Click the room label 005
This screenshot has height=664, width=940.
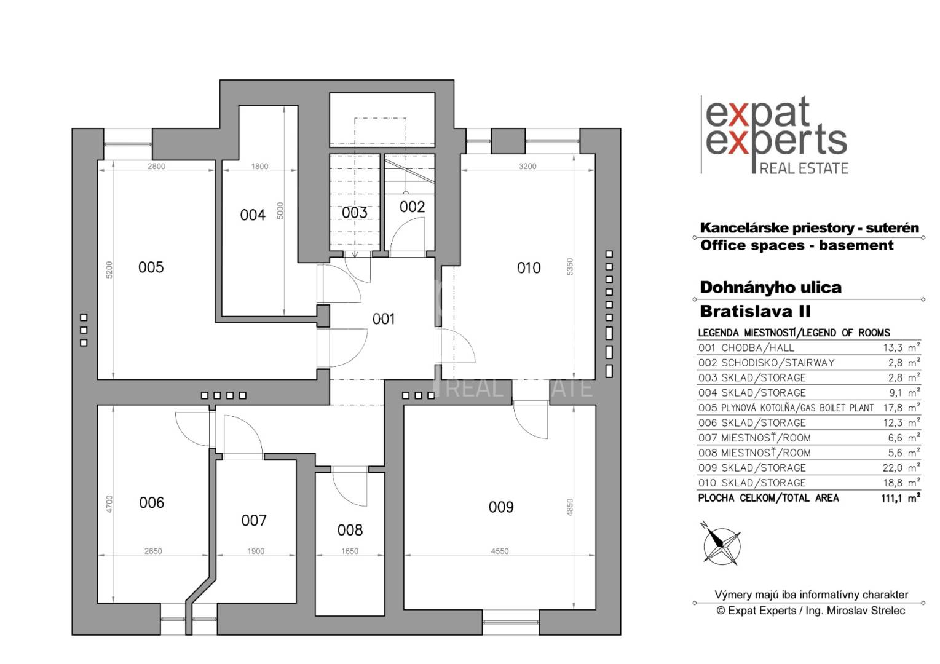151,267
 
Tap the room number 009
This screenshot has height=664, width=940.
500,507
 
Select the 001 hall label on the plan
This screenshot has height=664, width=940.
383,319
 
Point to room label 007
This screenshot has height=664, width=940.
253,521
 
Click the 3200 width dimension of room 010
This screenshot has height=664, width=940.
527,166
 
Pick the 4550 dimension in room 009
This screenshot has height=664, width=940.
499,551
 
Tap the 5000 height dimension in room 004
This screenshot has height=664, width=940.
280,211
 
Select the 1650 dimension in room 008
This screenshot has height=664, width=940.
350,551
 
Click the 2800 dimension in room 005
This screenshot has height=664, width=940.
156,166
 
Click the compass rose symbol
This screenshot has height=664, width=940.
721,544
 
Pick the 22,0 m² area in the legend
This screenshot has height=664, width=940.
901,468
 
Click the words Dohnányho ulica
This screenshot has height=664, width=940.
770,288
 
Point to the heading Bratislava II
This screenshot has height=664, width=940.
755,311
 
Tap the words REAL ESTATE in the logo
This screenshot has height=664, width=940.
804,168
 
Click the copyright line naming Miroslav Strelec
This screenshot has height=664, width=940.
810,611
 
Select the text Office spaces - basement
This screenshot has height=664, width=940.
797,245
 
